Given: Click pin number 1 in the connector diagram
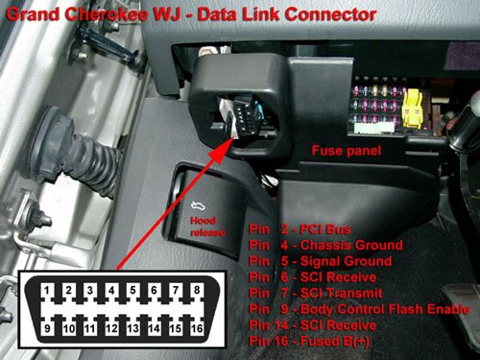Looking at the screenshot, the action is pyautogui.click(x=47, y=291).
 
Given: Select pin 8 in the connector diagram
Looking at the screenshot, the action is pyautogui.click(x=197, y=290).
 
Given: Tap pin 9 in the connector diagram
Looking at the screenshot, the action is pyautogui.click(x=47, y=328).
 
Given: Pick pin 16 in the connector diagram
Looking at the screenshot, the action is pyautogui.click(x=197, y=328).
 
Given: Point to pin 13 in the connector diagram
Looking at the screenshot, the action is pyautogui.click(x=132, y=328).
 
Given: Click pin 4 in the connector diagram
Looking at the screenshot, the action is pyautogui.click(x=111, y=291).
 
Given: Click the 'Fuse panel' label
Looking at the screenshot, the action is pyautogui.click(x=347, y=151).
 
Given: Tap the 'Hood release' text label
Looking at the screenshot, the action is pyautogui.click(x=207, y=227).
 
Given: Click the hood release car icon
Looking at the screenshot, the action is pyautogui.click(x=198, y=206).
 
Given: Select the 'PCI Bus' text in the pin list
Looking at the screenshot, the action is pyautogui.click(x=325, y=229).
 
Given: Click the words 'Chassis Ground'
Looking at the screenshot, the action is pyautogui.click(x=351, y=246).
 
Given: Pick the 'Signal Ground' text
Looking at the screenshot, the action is pyautogui.click(x=346, y=261).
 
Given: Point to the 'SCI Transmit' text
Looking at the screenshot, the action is pyautogui.click(x=341, y=294).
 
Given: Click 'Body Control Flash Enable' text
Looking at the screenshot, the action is pyautogui.click(x=385, y=309).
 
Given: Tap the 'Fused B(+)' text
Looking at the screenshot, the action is pyautogui.click(x=334, y=342).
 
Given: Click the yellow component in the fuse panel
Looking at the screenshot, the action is pyautogui.click(x=412, y=108).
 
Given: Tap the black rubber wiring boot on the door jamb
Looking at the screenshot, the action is pyautogui.click(x=77, y=153).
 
